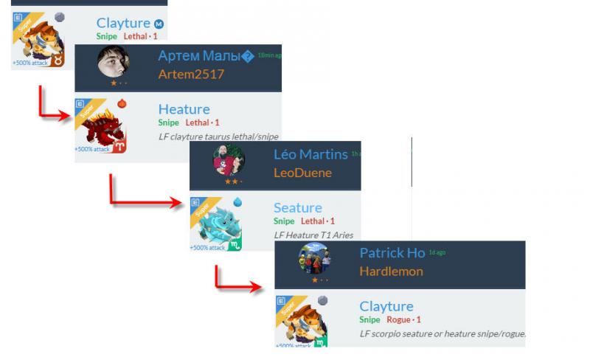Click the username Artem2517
coord(191,74)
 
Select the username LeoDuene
coord(302,173)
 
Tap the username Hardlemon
coord(391,271)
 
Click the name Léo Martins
coord(310,154)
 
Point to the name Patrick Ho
coord(392,253)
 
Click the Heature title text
coord(184,109)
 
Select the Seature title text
coord(297,207)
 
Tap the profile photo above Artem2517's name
coord(114,63)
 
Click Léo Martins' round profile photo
coord(229,160)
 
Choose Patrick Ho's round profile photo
coord(314,259)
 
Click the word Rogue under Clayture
coord(399,319)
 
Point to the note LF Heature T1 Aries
coord(313,235)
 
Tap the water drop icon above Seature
coord(237,201)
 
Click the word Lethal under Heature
coord(197,122)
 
